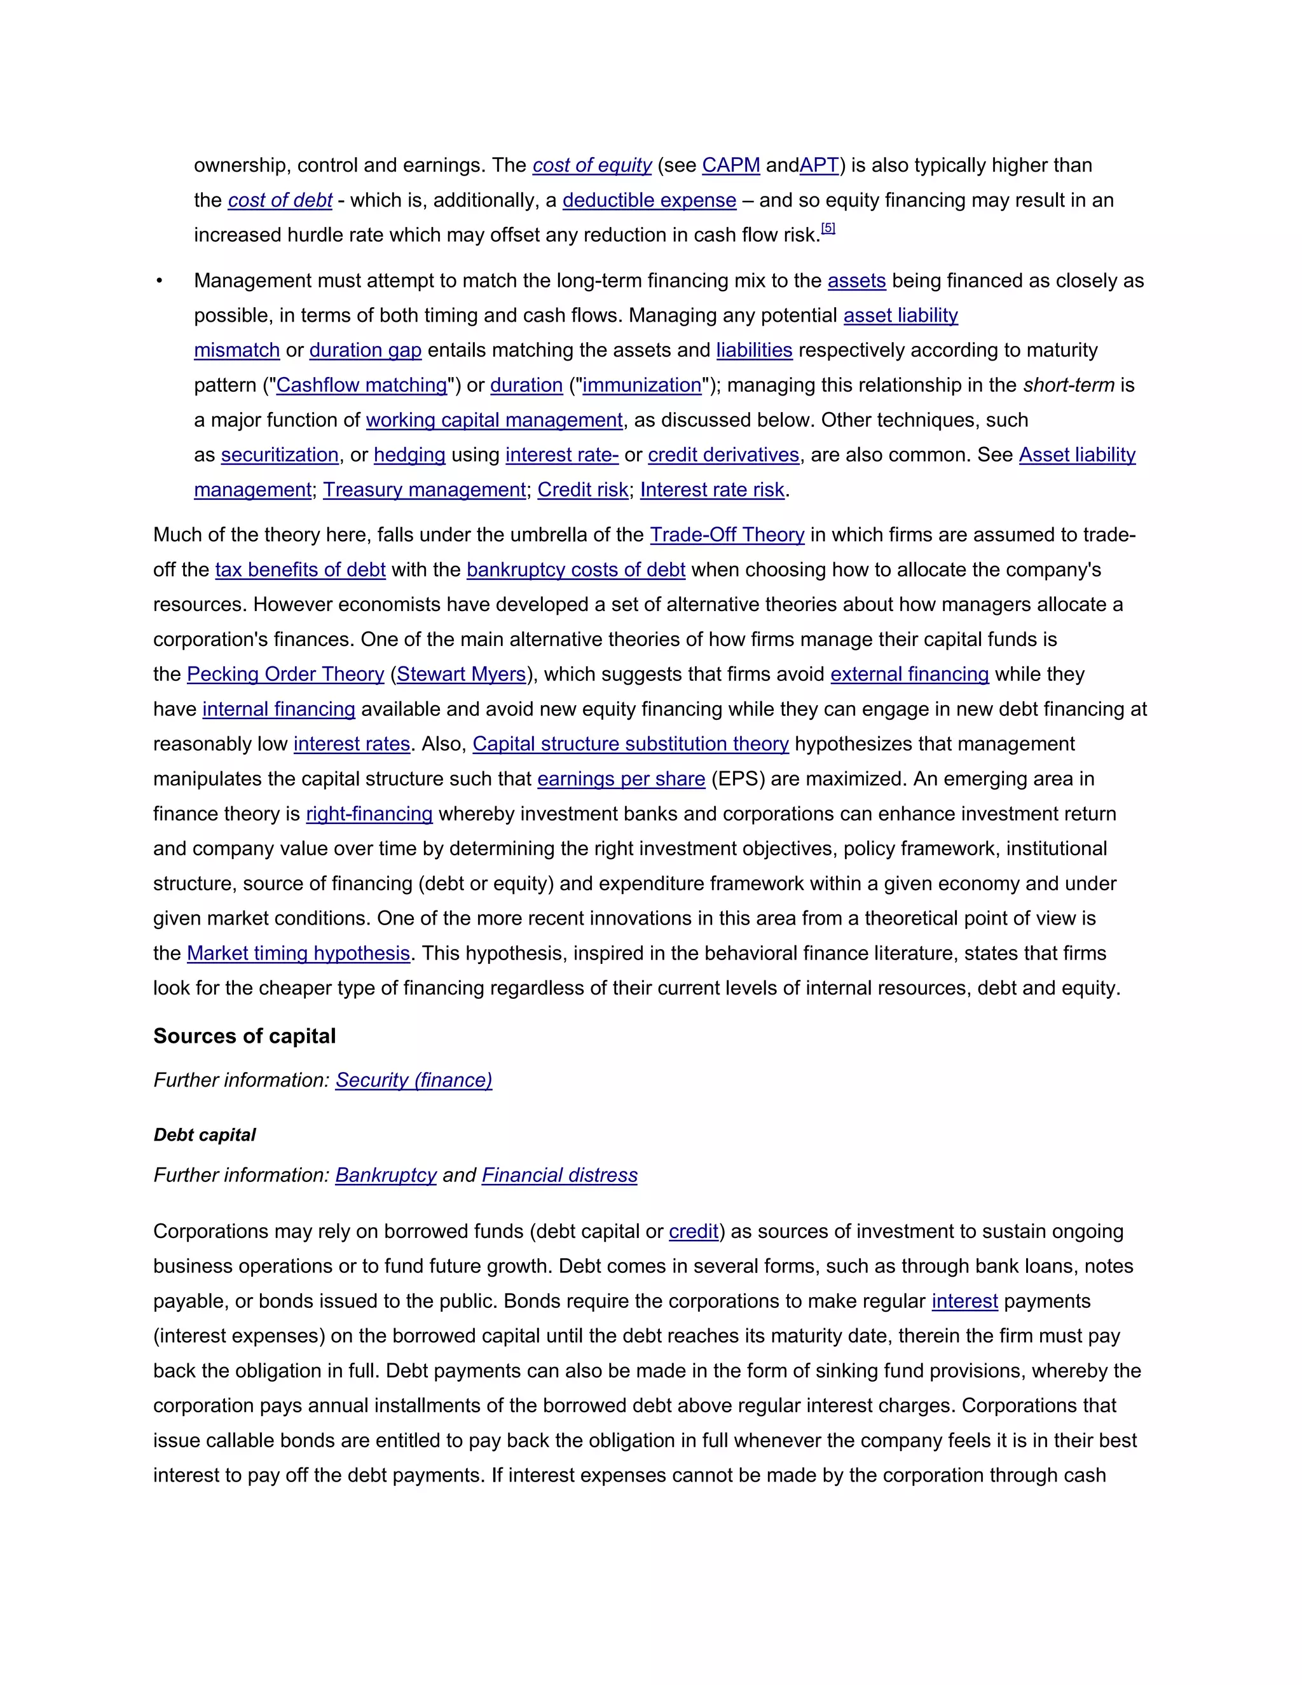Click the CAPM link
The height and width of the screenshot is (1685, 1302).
[730, 165]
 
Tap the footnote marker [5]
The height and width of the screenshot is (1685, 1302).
[828, 228]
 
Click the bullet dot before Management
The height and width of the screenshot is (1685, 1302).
[160, 282]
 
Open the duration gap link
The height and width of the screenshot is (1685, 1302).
[365, 350]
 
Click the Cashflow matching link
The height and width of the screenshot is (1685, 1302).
[361, 385]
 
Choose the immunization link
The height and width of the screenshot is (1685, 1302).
[641, 385]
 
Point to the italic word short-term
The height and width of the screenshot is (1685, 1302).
[1068, 385]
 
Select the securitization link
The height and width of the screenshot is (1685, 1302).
[279, 455]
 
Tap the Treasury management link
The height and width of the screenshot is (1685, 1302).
[424, 490]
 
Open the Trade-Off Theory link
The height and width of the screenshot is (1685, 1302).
[727, 535]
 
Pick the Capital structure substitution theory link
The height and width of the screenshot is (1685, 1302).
[630, 744]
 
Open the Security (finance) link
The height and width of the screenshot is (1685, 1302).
[413, 1080]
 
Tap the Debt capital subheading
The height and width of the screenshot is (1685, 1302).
[205, 1135]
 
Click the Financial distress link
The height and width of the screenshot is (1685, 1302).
[559, 1175]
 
